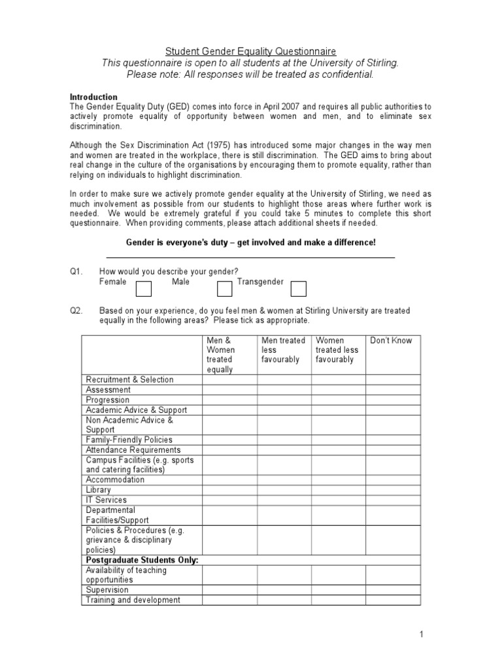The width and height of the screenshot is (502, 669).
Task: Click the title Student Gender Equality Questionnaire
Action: point(250,51)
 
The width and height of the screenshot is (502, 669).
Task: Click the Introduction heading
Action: point(93,97)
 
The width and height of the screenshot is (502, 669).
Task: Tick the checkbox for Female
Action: point(143,288)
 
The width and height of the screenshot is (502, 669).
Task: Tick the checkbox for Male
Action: point(224,288)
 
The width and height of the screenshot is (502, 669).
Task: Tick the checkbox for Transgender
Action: point(298,288)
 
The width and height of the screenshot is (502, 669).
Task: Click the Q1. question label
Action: point(78,272)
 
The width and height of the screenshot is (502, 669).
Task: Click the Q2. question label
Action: point(78,311)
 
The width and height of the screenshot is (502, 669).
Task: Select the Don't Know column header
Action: point(391,340)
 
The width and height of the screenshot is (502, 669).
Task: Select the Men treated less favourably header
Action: point(283,350)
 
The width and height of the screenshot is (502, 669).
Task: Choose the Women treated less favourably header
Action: point(337,350)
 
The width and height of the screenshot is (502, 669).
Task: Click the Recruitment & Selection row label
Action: point(129,380)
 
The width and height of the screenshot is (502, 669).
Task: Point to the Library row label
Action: point(99,489)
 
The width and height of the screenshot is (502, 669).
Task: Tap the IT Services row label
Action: point(107,500)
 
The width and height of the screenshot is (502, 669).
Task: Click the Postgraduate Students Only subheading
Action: point(142,560)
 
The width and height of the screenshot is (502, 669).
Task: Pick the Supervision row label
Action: point(107,590)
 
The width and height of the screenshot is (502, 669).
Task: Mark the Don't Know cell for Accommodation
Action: point(392,480)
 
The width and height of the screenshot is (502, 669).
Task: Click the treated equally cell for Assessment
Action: point(229,390)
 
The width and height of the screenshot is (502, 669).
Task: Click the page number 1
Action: point(422,634)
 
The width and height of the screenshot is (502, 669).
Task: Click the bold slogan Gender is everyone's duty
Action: point(250,242)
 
